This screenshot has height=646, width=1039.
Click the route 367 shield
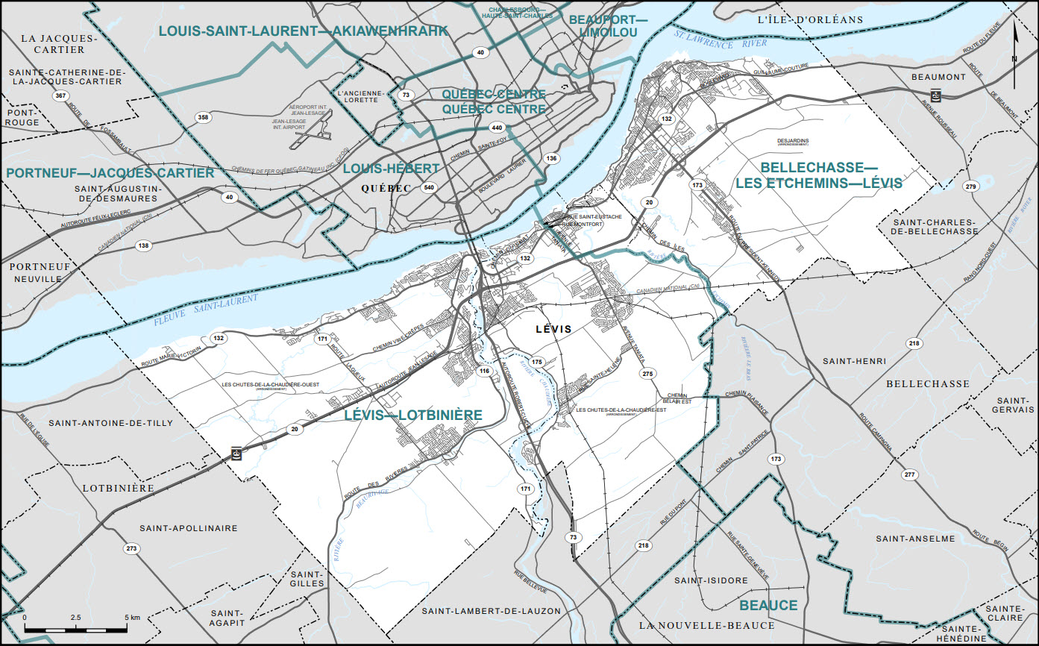pyautogui.click(x=59, y=96)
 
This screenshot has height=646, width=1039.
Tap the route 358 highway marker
pyautogui.click(x=202, y=117)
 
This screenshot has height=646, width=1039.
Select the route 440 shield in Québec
pyautogui.click(x=497, y=128)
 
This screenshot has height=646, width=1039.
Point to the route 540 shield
pyautogui.click(x=427, y=187)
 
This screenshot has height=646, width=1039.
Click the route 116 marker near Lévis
pyautogui.click(x=484, y=371)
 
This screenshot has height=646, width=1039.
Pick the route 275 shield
pyautogui.click(x=647, y=373)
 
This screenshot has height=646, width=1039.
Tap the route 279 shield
pyautogui.click(x=970, y=186)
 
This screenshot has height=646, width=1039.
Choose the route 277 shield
pyautogui.click(x=908, y=475)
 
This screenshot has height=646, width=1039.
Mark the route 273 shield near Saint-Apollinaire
pyautogui.click(x=131, y=549)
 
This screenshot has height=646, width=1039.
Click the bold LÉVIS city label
pyautogui.click(x=553, y=329)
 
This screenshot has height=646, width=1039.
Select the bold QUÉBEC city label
pyautogui.click(x=385, y=188)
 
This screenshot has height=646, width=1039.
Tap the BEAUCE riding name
pyautogui.click(x=768, y=605)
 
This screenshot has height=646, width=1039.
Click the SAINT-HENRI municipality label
pyautogui.click(x=854, y=361)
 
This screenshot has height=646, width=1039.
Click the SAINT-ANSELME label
pyautogui.click(x=905, y=539)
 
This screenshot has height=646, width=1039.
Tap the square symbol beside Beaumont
pyautogui.click(x=935, y=95)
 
